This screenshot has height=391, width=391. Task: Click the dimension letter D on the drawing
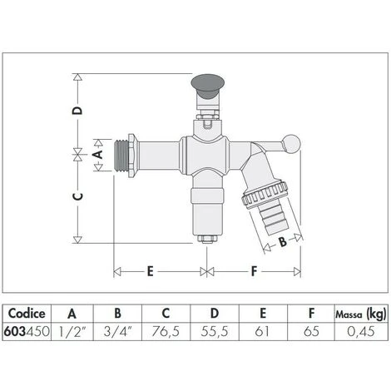coord(77,111)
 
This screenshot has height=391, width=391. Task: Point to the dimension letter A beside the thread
coord(97,154)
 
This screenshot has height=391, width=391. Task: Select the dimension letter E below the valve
coord(151,271)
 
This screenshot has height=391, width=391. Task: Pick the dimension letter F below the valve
coord(255,271)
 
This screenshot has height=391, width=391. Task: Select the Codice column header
coord(26,314)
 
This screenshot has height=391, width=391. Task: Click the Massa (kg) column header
coord(360,314)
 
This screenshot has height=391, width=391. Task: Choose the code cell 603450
coord(26,331)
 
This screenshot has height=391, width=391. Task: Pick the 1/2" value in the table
coord(72,331)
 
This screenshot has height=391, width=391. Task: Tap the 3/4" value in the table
coord(117,331)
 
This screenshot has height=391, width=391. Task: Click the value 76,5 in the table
coord(166,331)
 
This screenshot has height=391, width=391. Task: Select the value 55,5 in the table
coord(214,331)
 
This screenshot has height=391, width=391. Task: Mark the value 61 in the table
coord(262,331)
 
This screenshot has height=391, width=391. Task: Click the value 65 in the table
coord(310,331)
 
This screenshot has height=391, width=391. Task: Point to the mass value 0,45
coord(360,331)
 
